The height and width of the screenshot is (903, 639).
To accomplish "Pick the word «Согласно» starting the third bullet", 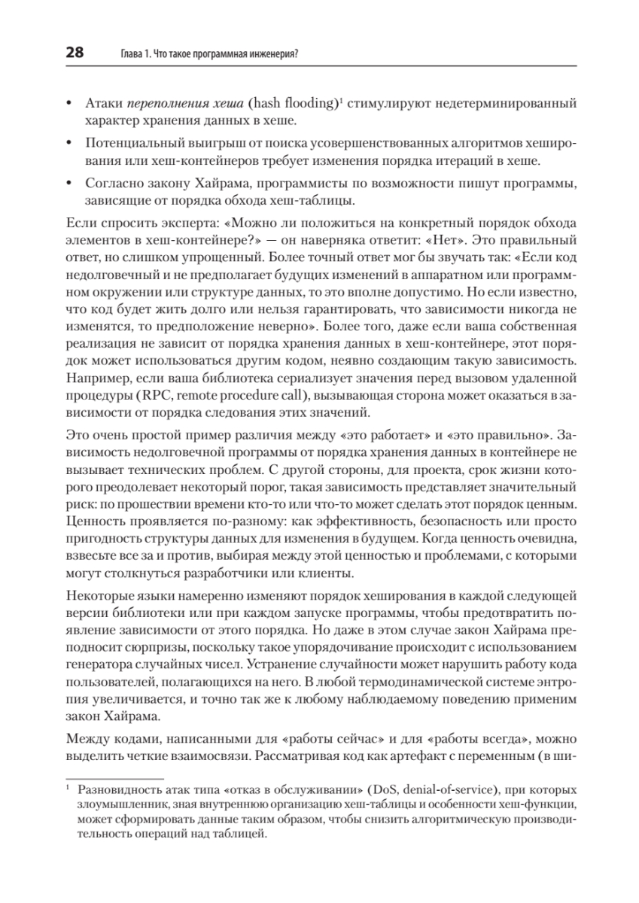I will tap(111, 184).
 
